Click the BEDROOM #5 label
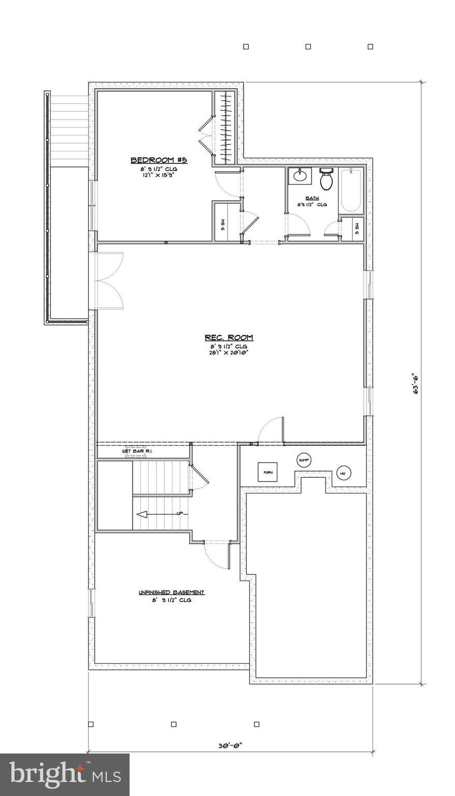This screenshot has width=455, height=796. click(159, 160)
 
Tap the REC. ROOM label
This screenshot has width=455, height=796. click(229, 338)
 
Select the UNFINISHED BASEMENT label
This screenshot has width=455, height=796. click(172, 592)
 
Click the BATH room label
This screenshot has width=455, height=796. click(312, 198)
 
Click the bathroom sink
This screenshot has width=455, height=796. click(300, 176)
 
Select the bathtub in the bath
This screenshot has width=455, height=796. click(351, 190)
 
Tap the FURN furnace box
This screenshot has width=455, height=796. click(267, 472)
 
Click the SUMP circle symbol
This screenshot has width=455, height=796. click(304, 460)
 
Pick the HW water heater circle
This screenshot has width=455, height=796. click(343, 473)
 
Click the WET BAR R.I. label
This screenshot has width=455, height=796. click(137, 451)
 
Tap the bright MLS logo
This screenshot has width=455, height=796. click(65, 775)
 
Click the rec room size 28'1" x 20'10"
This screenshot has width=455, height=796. click(229, 353)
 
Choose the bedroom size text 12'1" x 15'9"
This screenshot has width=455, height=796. click(159, 175)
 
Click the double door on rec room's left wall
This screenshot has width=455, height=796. click(108, 280)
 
